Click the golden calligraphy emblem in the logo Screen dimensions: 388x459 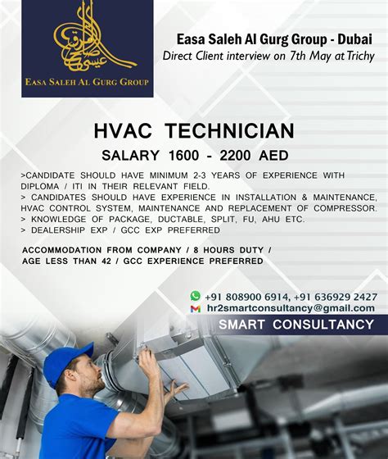88,37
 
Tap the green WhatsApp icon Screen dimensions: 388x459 195,296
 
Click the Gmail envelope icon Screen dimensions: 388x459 195,308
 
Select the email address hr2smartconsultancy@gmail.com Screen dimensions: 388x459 291,308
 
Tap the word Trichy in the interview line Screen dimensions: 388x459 359,56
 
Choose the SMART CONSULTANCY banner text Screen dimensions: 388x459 296,325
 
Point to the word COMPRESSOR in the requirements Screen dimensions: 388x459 346,209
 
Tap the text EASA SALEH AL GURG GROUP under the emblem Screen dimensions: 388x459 87,81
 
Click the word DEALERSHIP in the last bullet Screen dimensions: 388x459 58,231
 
